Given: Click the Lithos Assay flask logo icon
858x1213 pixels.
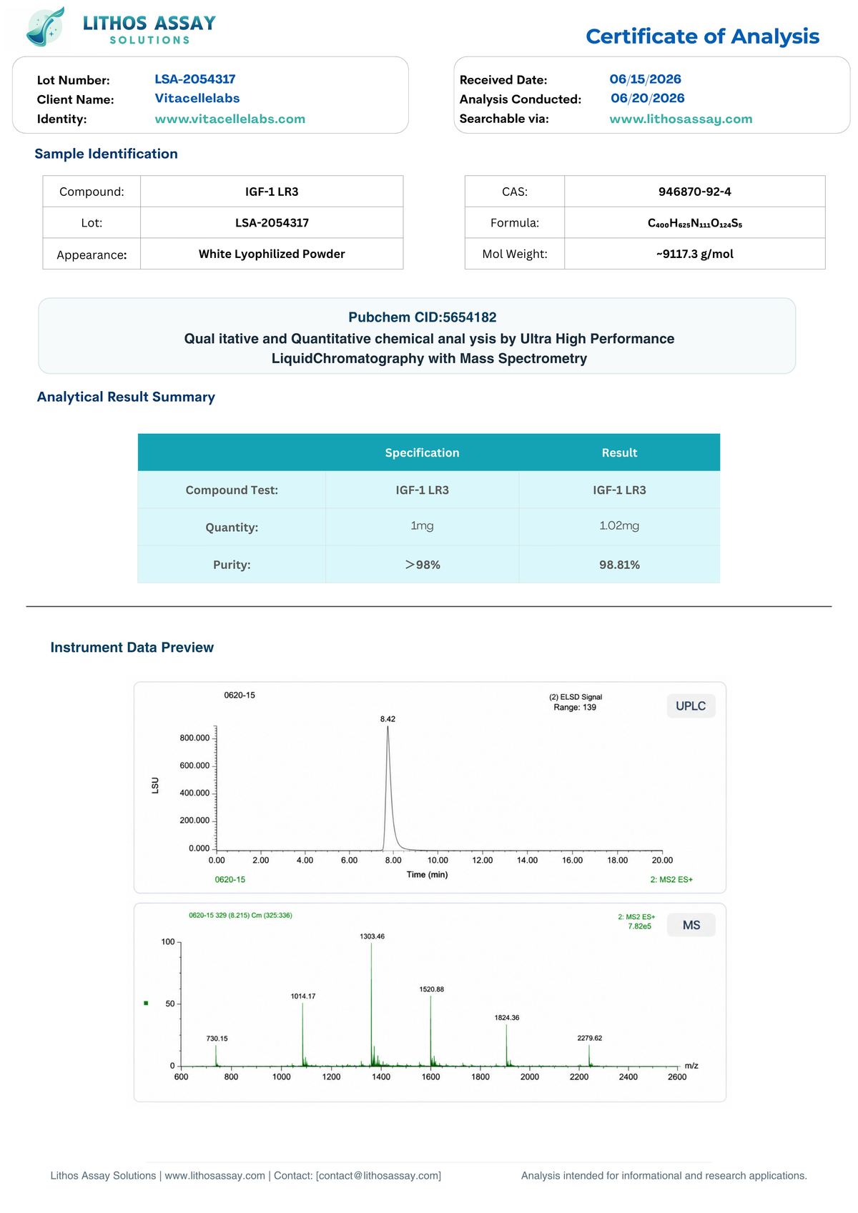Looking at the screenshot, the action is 46,26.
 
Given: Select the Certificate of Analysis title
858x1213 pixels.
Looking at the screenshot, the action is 702,36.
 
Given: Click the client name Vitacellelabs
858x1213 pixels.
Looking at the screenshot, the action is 197,98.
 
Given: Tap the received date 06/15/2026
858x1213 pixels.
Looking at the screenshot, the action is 645,79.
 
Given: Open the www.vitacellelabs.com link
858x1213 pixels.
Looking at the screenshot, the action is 230,119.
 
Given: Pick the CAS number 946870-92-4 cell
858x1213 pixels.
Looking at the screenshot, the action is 694,191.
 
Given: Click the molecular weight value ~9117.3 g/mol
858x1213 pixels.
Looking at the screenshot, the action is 694,254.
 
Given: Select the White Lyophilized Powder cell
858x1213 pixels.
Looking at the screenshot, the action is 272,254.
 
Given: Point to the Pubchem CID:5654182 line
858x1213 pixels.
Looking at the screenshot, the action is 422,317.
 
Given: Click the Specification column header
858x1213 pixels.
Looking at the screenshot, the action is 422,452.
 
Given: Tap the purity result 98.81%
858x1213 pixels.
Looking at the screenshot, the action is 619,565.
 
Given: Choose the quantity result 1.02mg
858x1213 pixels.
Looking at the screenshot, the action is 619,525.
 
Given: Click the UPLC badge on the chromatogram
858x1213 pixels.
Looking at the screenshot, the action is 691,705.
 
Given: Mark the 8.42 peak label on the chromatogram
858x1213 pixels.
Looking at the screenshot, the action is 388,719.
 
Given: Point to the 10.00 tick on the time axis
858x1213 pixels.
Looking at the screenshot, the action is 438,860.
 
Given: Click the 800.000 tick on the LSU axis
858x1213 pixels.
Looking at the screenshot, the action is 194,738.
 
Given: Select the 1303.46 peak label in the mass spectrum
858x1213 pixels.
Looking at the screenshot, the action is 372,936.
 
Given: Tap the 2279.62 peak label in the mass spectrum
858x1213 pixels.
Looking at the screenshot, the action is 589,1038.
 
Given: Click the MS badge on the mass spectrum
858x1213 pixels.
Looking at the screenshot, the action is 691,925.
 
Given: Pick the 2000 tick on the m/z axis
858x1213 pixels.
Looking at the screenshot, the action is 530,1077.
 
